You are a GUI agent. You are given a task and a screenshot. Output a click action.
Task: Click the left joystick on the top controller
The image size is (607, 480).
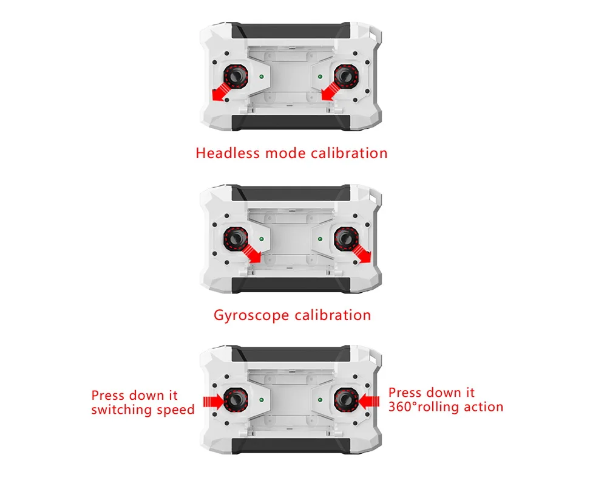236,77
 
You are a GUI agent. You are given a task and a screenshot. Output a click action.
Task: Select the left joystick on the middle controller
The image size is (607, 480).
236,238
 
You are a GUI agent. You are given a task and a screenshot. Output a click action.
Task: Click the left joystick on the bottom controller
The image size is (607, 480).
236,400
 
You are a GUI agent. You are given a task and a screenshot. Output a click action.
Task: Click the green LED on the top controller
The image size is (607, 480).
261,77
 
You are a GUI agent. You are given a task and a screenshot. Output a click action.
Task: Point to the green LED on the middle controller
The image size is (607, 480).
261,239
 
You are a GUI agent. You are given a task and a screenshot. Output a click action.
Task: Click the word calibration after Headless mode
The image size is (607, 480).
349,153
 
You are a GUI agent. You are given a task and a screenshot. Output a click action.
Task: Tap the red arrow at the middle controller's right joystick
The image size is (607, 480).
363,255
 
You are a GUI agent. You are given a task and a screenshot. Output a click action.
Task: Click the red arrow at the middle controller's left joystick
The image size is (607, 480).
252,255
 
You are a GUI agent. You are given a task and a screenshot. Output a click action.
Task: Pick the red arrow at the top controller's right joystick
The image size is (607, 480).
329,92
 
